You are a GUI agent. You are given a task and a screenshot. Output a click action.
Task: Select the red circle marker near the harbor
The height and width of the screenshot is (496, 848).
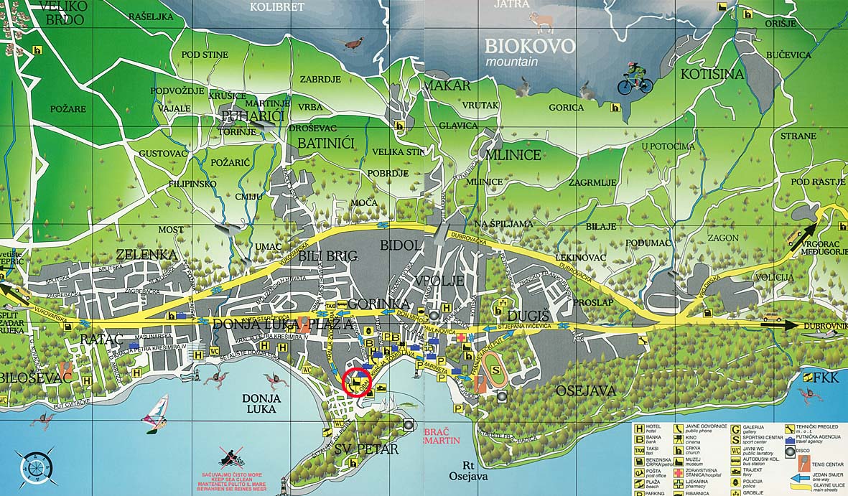coord(358,382)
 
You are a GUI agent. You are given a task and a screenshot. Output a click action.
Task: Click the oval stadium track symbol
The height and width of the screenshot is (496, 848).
coord(496,369)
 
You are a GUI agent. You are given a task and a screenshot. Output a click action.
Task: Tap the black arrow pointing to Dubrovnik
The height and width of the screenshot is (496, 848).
coord(779,324)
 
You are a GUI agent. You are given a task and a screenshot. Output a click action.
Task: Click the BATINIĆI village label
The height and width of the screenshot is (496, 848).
coord(327,144)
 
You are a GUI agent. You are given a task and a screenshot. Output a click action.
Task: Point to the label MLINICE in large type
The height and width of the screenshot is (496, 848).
coord(513,154)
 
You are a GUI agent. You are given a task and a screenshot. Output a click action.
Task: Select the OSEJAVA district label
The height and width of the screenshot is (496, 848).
coord(585,390)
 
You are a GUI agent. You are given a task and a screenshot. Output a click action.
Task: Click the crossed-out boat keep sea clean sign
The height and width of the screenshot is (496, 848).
coord(230,454)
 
